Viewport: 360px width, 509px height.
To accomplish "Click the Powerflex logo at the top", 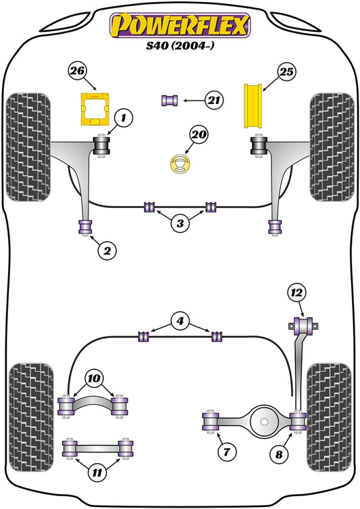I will point(180,24).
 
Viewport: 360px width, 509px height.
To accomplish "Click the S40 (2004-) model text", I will point(180,49).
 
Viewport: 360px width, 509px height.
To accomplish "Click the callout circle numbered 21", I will point(215,101).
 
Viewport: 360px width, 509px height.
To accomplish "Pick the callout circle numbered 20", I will point(199,135).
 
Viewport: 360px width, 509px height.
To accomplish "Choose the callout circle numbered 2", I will point(106,251).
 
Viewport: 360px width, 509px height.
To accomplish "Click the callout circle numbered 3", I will point(180,223).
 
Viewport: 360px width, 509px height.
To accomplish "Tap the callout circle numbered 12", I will point(298,293).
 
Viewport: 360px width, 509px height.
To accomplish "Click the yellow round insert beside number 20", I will point(180,163).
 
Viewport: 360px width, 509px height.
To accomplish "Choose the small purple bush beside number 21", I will point(169,101).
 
